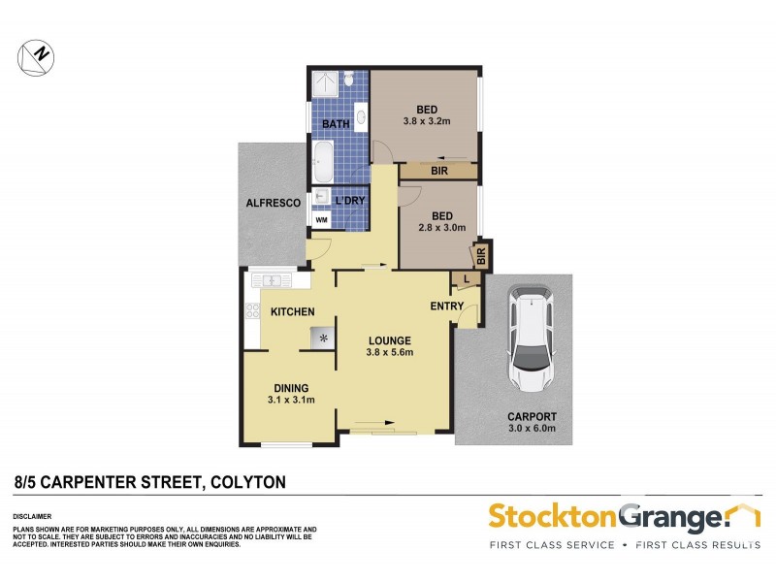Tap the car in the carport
(x=531, y=337)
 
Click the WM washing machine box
(x=322, y=221)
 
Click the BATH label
(x=336, y=124)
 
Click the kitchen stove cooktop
(x=253, y=311)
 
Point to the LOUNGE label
(x=390, y=340)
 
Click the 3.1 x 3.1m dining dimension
(x=290, y=400)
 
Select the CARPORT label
(x=532, y=417)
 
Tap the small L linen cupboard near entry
(x=467, y=279)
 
